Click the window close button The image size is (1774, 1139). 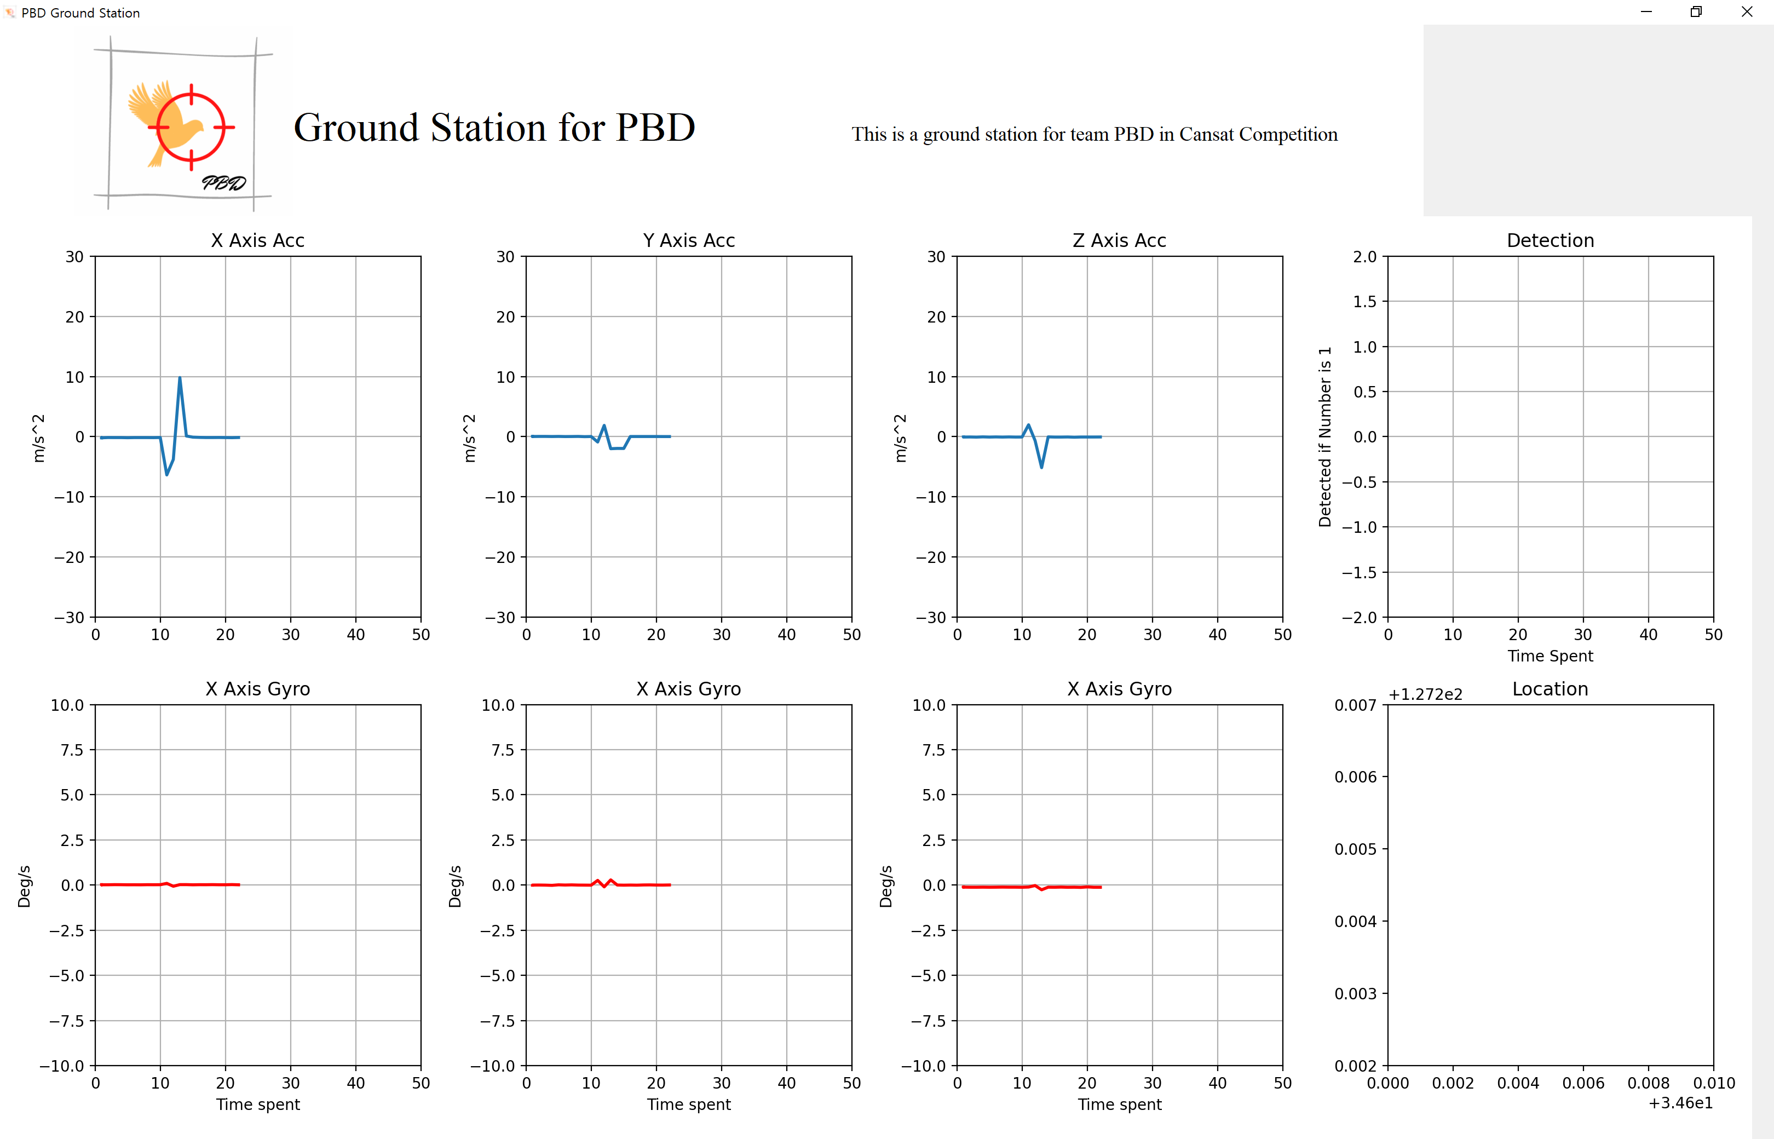point(1747,12)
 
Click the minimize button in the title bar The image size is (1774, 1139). point(1646,12)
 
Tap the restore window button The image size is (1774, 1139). point(1696,12)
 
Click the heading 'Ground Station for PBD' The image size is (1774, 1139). point(494,128)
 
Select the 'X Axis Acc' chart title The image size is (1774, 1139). point(257,240)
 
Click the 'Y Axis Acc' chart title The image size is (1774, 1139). point(688,240)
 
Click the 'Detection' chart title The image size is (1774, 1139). point(1550,240)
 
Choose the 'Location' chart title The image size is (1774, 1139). point(1550,688)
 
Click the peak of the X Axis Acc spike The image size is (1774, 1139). point(180,378)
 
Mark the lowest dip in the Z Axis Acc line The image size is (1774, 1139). point(1041,467)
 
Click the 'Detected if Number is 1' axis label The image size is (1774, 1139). point(1324,436)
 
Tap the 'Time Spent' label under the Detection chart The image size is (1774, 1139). point(1550,656)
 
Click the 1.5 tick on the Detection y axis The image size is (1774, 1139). point(1364,302)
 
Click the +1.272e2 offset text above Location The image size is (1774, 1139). point(1425,694)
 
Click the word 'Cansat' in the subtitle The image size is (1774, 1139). point(1206,135)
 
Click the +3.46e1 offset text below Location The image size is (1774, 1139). point(1680,1103)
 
